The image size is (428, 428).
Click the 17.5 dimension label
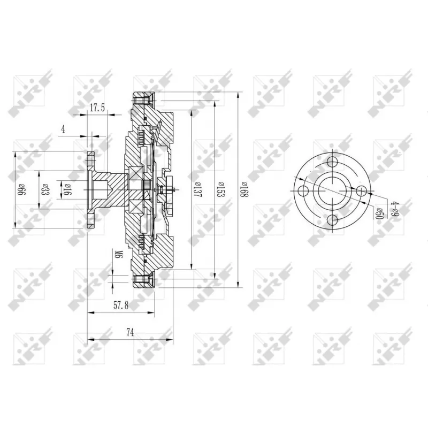97,108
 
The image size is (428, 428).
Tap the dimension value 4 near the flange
63,129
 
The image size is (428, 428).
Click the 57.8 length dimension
121,305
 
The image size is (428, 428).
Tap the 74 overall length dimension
130,332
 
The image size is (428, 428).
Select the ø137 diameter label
198,189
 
